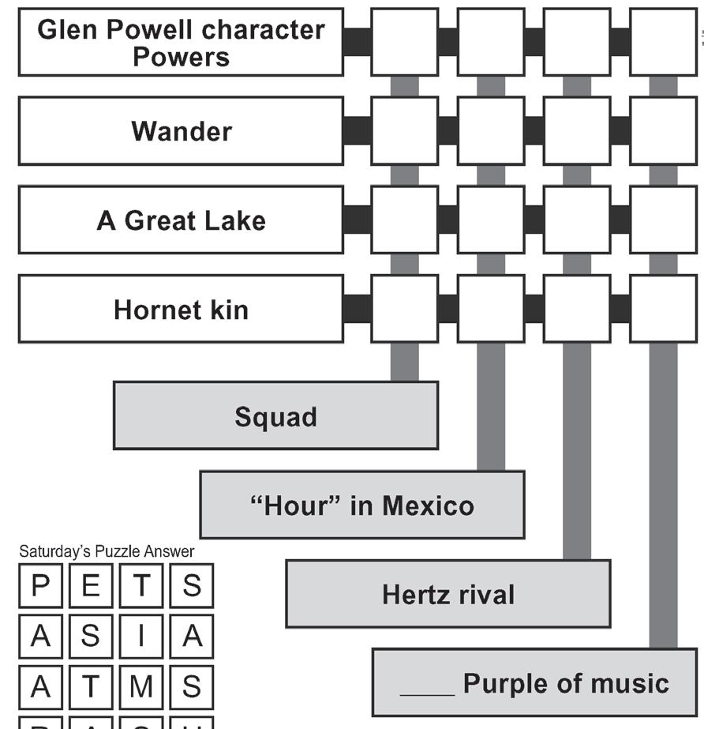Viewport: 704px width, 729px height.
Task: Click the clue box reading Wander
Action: coord(181,130)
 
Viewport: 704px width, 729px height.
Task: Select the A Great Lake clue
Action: coord(181,220)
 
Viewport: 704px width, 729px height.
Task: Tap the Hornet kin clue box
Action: coord(181,309)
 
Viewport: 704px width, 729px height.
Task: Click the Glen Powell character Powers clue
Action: coord(181,42)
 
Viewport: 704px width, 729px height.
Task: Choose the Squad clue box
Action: coord(275,415)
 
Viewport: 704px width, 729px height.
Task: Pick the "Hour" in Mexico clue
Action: coord(361,505)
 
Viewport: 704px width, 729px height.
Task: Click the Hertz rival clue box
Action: coord(447,594)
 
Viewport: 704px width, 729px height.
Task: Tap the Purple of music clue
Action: coord(534,682)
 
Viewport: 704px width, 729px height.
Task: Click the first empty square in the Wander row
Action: coord(404,130)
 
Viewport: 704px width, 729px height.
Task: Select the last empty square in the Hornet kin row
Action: coord(663,309)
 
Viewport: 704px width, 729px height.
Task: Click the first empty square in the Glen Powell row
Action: coord(404,42)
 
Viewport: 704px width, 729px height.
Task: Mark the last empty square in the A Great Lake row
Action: coord(663,220)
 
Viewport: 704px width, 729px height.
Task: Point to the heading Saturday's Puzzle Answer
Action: coord(107,551)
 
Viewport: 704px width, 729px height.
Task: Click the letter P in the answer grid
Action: coord(40,586)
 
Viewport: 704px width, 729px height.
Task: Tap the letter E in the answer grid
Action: coord(91,586)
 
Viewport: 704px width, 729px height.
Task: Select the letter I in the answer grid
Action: coord(141,637)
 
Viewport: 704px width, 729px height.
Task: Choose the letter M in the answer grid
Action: coord(141,687)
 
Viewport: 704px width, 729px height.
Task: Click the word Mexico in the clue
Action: coord(429,505)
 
